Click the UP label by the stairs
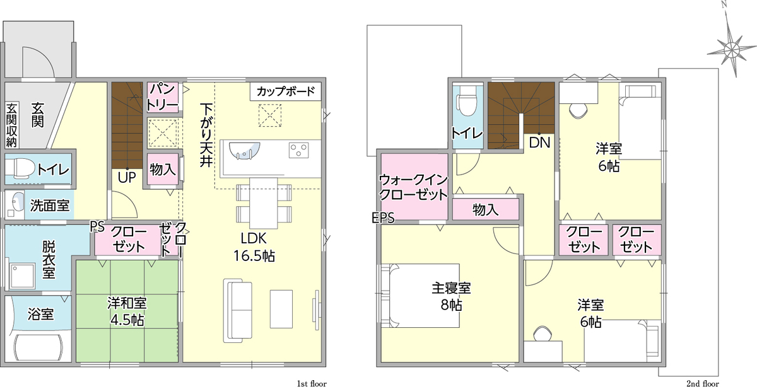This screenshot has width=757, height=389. click(x=127, y=177)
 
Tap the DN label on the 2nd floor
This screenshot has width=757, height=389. click(x=539, y=142)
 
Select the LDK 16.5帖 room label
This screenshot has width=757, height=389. click(x=254, y=247)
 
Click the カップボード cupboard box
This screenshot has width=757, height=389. click(x=286, y=91)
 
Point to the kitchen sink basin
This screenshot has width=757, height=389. click(x=244, y=150)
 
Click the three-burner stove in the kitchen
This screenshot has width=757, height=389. click(x=299, y=150)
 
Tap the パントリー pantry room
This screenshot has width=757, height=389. click(x=163, y=98)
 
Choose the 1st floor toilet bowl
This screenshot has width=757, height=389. click(x=20, y=168)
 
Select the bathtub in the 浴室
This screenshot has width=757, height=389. click(x=38, y=348)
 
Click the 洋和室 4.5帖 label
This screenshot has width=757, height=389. click(x=127, y=311)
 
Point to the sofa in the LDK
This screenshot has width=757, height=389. click(x=238, y=311)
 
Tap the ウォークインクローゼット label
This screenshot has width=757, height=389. click(x=413, y=187)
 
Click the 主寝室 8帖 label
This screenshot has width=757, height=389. click(x=452, y=296)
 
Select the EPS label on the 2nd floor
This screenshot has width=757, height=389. click(x=383, y=218)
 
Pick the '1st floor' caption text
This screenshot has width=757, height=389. click(x=312, y=384)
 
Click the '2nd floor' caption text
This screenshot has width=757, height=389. click(x=703, y=384)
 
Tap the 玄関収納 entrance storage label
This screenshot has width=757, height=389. click(x=11, y=125)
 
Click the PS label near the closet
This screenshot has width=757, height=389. click(x=97, y=226)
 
